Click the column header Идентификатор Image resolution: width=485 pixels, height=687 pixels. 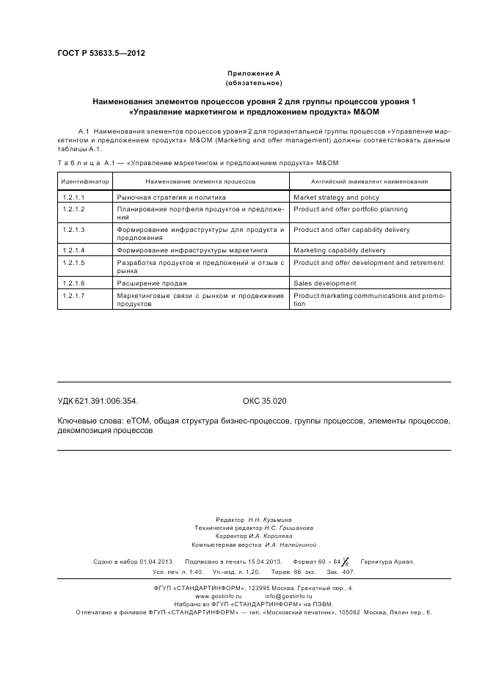coord(84,181)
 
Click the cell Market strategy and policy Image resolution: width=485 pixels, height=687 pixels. coord(336,197)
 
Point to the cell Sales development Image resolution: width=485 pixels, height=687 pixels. coord(324,283)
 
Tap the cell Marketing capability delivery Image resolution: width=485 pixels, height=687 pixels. coord(339,250)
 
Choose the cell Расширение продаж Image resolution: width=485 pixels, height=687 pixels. coord(152,283)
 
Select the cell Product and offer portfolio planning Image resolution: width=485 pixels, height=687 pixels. coord(350,209)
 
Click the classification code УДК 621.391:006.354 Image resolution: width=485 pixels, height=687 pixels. coord(98,401)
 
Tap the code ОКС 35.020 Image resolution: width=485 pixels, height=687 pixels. coord(264,401)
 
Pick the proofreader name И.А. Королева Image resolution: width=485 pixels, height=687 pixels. coord(276,537)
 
